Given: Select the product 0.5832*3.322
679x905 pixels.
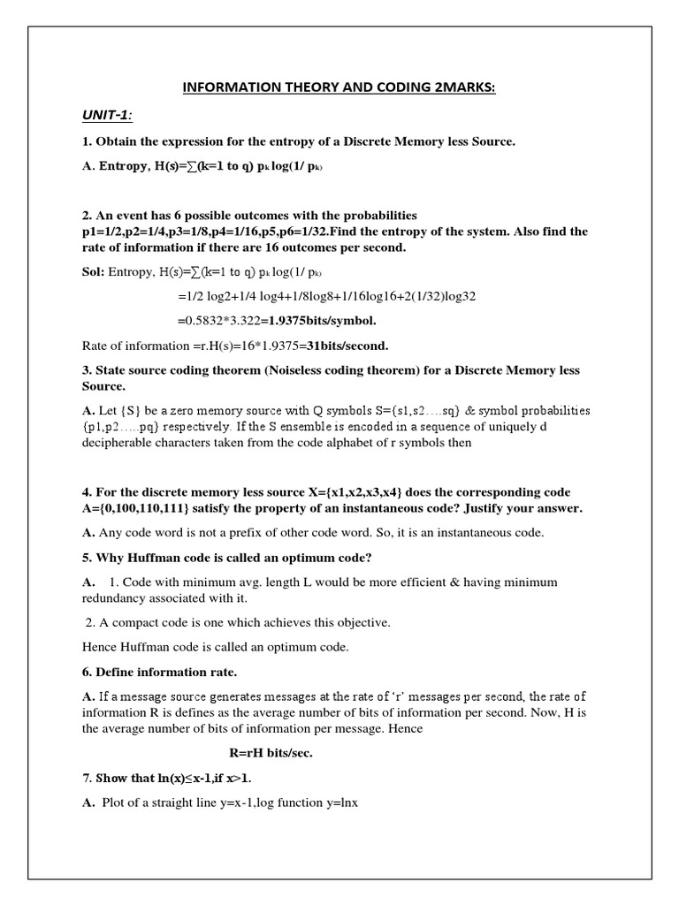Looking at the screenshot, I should [x=227, y=320].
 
